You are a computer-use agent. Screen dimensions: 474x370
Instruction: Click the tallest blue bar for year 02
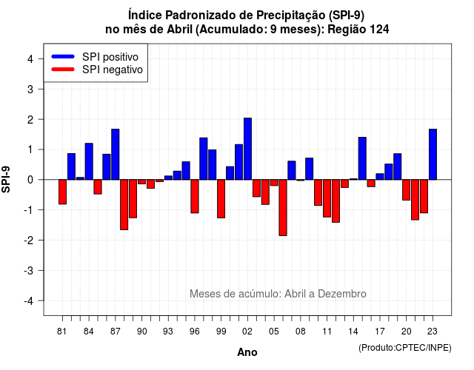[247, 149]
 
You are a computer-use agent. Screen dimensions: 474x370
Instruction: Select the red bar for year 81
[62, 192]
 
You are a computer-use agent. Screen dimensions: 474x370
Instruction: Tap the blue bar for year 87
[116, 155]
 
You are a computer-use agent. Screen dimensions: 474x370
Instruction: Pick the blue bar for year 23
[433, 155]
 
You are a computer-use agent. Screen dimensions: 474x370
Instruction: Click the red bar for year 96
[195, 196]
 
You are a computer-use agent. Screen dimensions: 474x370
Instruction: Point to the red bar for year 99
[221, 199]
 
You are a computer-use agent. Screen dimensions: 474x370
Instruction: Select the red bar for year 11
[327, 198]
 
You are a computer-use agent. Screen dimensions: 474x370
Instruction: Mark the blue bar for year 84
[89, 161]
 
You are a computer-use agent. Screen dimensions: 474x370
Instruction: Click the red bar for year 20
[407, 190]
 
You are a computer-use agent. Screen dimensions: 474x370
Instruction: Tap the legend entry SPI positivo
[110, 57]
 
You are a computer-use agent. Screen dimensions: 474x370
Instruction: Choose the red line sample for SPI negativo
[63, 70]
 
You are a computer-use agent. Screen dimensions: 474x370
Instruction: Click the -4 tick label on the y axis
[29, 300]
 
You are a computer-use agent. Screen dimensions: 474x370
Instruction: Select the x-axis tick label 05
[274, 332]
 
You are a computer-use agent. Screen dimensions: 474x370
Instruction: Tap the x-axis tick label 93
[168, 332]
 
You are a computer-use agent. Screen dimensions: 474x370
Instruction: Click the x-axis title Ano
[247, 352]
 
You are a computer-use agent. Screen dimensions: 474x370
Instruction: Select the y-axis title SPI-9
[6, 179]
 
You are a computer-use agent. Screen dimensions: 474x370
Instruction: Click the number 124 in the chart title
[379, 30]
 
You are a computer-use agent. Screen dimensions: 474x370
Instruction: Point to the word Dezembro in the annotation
[342, 294]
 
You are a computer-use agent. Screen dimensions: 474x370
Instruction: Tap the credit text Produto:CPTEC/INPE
[405, 348]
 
